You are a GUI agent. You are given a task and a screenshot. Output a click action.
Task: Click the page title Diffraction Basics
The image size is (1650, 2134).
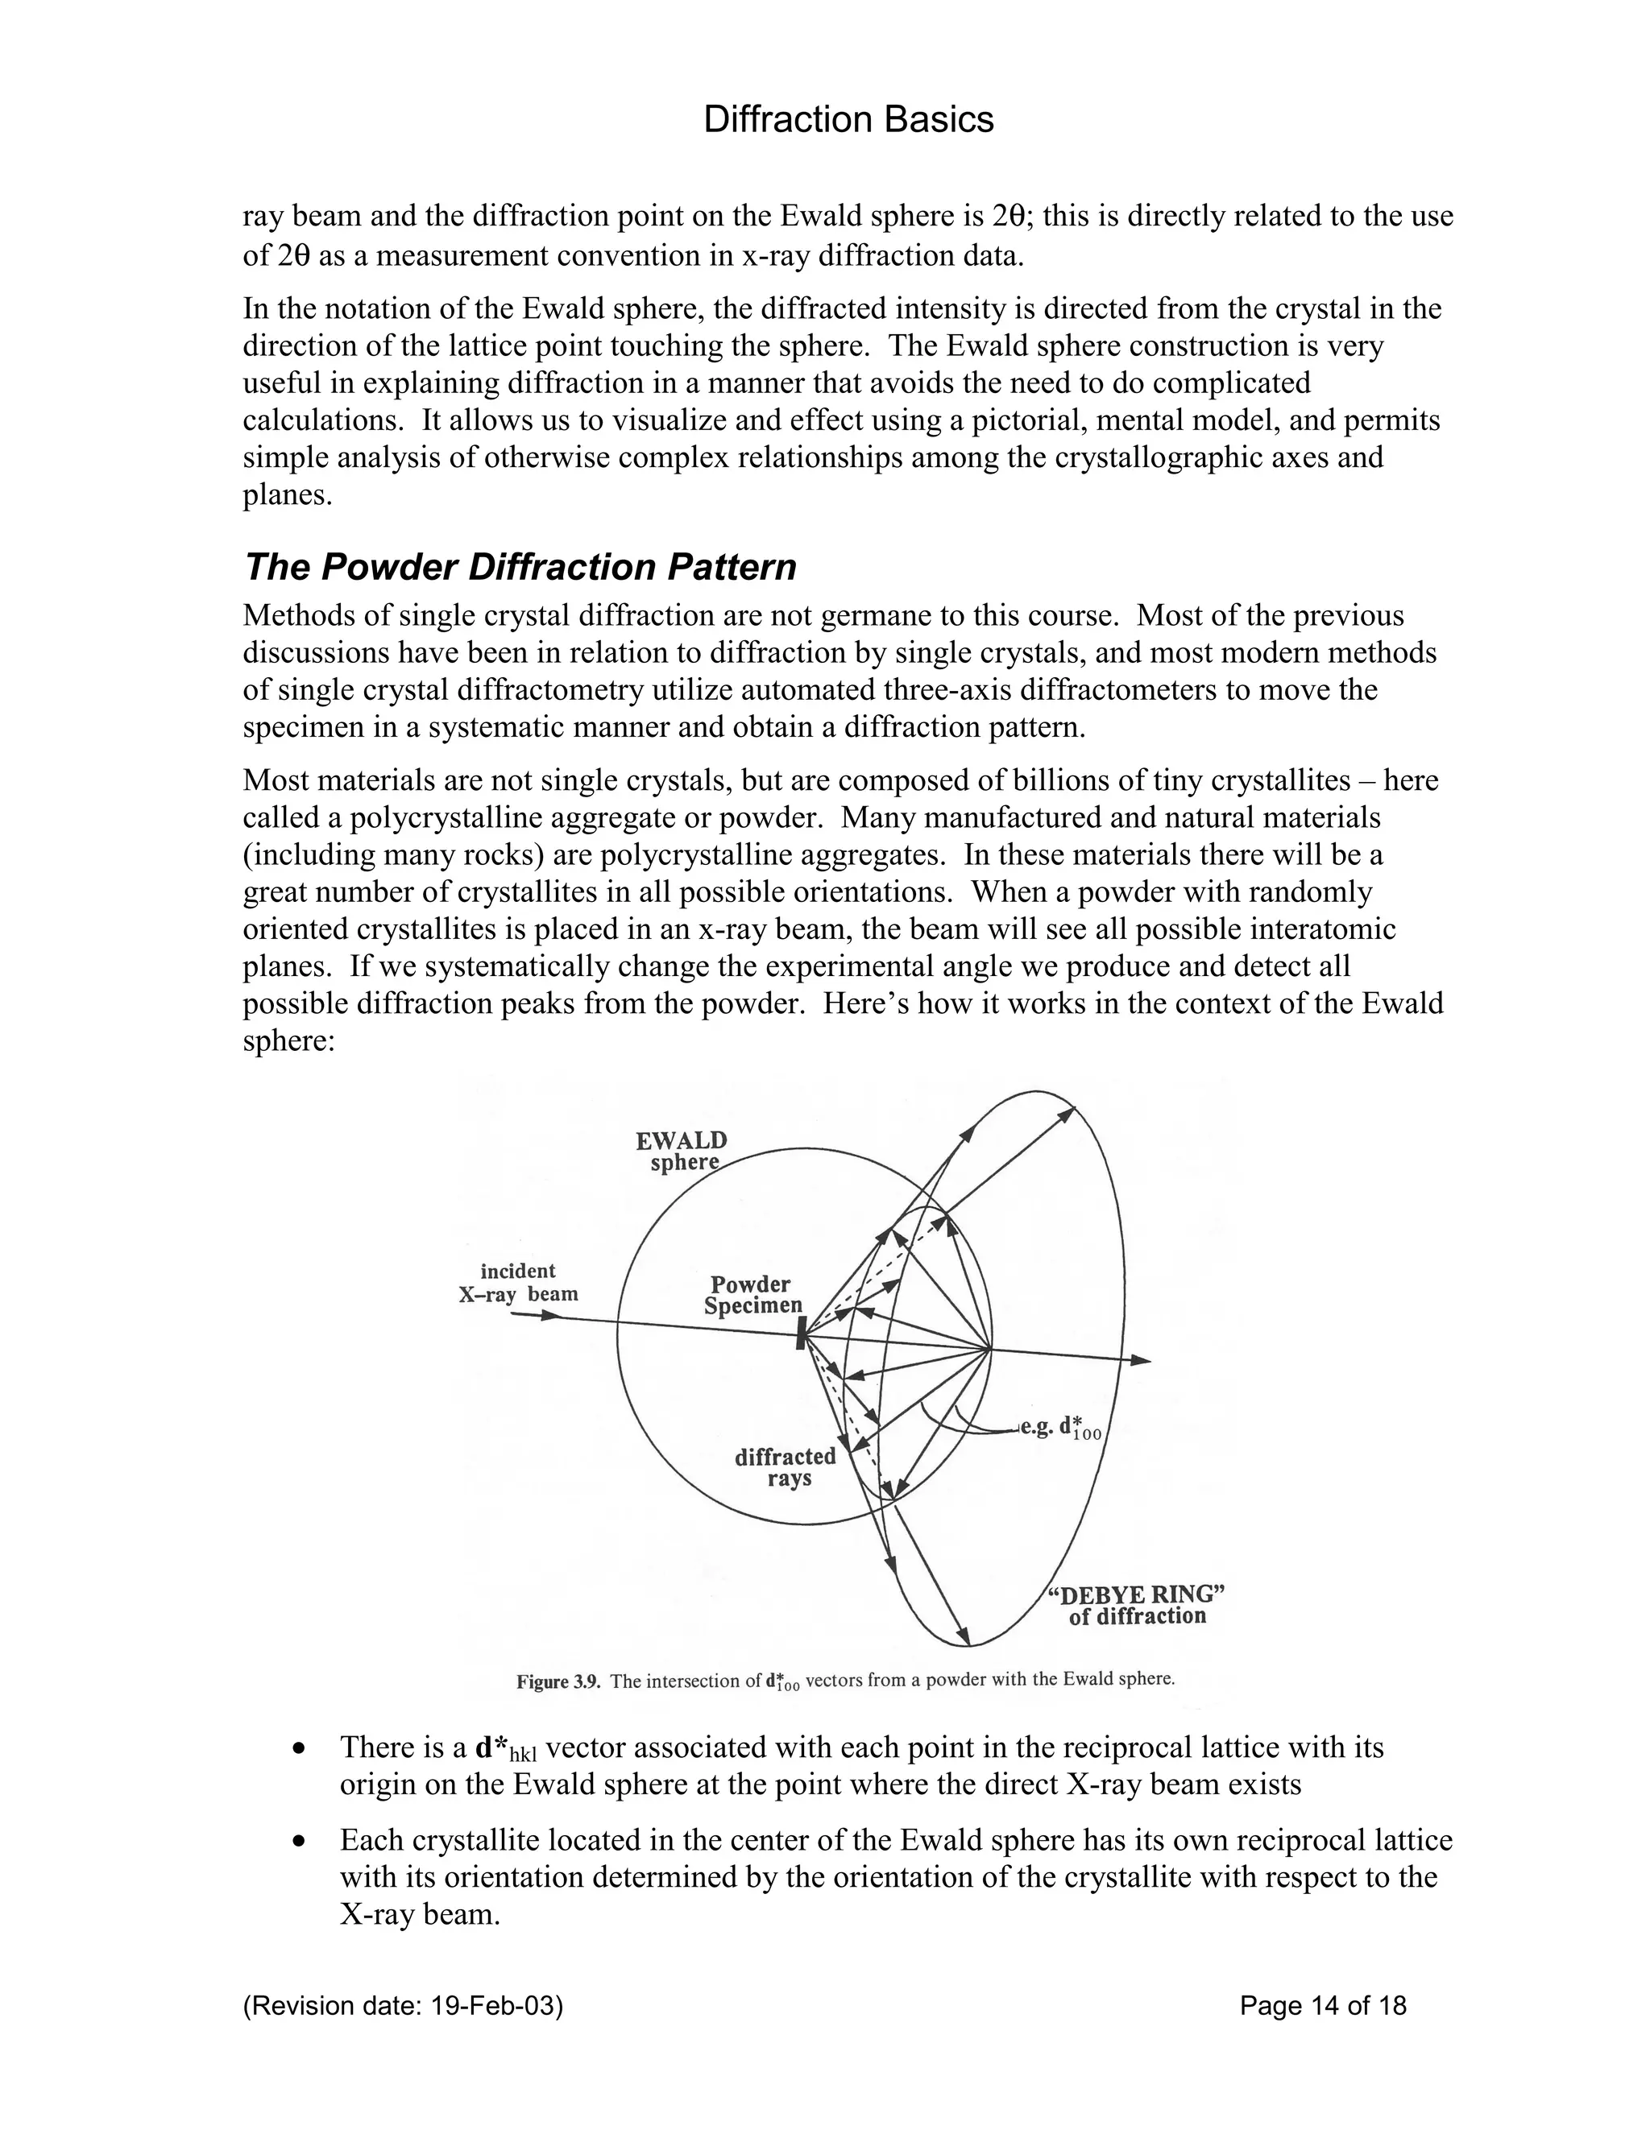(848, 120)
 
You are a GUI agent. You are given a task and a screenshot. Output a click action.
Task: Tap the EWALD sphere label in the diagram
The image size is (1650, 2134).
(682, 1151)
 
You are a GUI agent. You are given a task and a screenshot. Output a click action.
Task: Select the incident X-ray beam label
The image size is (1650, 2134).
(519, 1282)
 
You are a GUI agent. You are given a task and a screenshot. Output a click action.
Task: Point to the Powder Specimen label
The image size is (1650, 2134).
(752, 1295)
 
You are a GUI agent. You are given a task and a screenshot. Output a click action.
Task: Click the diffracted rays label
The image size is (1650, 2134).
(786, 1466)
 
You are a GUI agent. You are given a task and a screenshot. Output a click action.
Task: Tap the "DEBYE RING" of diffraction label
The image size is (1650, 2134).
(1137, 1604)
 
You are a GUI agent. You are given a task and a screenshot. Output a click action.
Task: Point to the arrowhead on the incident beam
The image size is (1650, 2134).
(552, 1315)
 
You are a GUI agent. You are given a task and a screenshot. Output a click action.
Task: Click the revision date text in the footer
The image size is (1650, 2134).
(403, 2006)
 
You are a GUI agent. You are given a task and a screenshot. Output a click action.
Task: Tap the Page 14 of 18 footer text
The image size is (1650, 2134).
(1323, 2006)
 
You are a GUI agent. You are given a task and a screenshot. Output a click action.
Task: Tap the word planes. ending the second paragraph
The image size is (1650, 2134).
(288, 495)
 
